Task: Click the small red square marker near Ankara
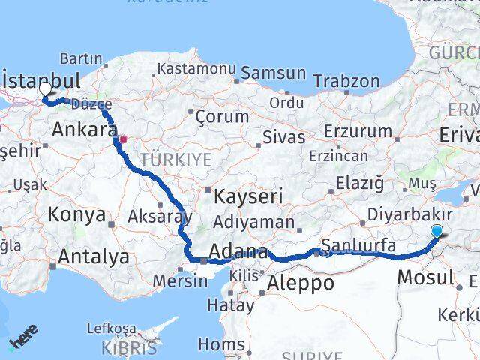tap(124, 139)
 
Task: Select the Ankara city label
tap(84, 130)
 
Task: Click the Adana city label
tap(239, 252)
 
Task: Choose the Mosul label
tap(425, 277)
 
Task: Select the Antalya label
tap(94, 257)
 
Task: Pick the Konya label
tap(76, 215)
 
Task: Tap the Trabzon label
tap(346, 80)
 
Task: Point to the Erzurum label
tap(358, 132)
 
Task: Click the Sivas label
tap(284, 137)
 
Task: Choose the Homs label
tap(221, 344)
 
